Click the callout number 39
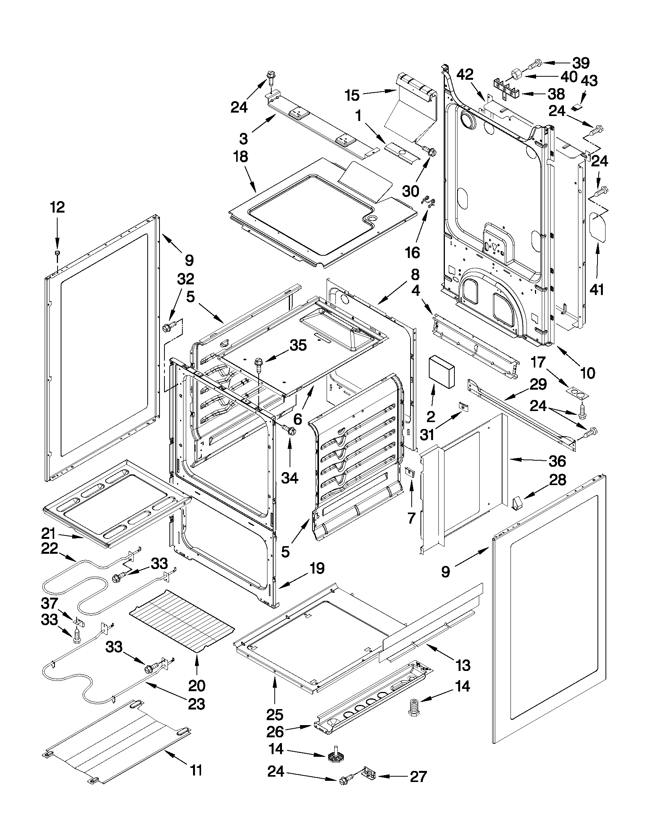(x=581, y=63)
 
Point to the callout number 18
(x=241, y=157)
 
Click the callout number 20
(x=197, y=685)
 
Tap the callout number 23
(x=196, y=704)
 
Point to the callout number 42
(x=465, y=75)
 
